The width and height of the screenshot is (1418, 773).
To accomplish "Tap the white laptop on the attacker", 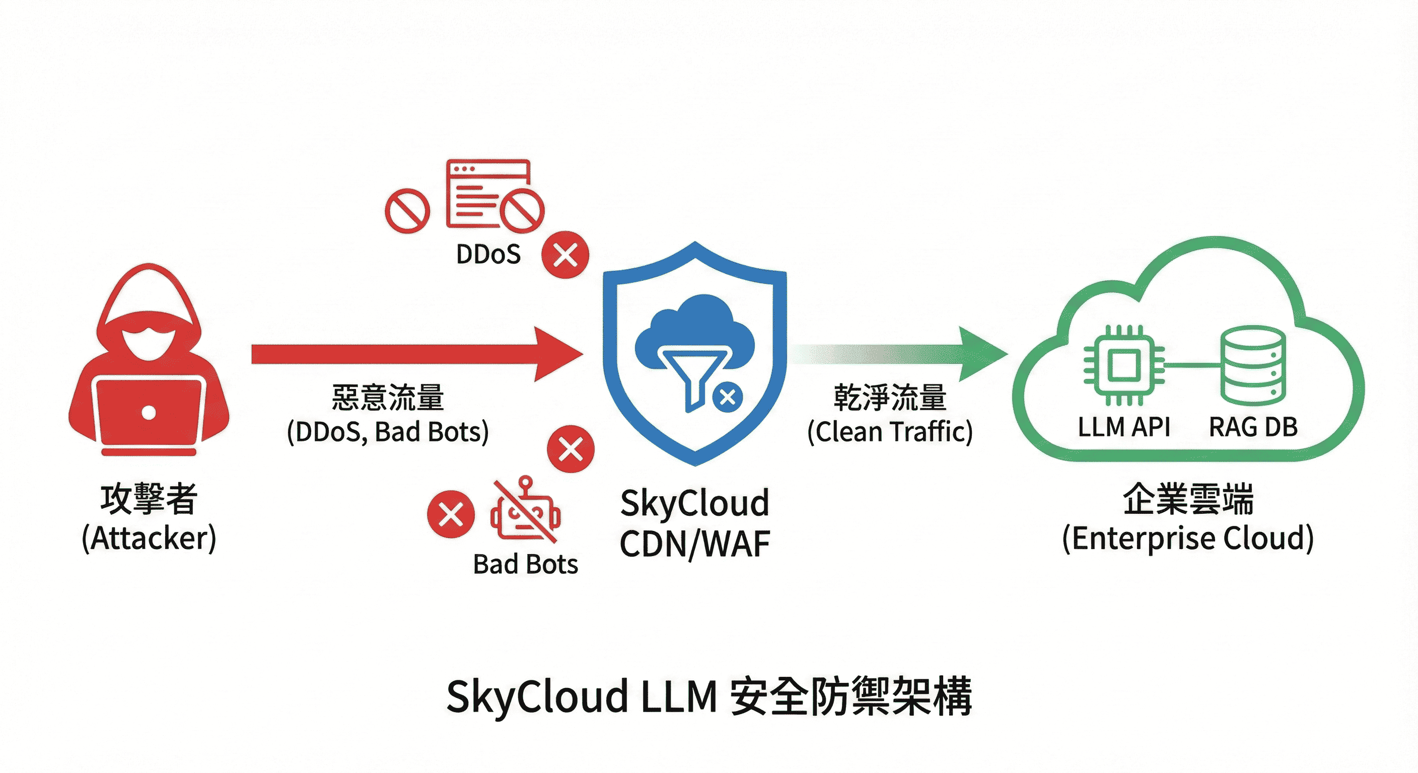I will pyautogui.click(x=149, y=413).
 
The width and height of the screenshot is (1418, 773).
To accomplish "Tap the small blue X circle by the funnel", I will pyautogui.click(x=728, y=397).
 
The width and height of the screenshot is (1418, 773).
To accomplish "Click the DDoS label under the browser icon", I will pyautogui.click(x=488, y=254).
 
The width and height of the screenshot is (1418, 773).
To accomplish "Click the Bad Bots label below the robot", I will pyautogui.click(x=525, y=565).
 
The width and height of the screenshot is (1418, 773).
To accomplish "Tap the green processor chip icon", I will pyautogui.click(x=1123, y=365).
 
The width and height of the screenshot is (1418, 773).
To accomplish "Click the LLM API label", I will pyautogui.click(x=1123, y=427).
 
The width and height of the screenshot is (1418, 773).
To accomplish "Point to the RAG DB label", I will pyautogui.click(x=1253, y=427).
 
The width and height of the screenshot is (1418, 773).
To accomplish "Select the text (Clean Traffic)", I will pyautogui.click(x=890, y=432).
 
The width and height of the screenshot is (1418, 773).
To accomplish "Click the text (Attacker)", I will pyautogui.click(x=149, y=538).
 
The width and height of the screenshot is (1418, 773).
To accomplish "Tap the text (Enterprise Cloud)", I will pyautogui.click(x=1188, y=538).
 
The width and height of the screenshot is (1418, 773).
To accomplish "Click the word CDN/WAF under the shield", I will pyautogui.click(x=695, y=545).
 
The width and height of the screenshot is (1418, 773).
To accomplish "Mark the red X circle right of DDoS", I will pyautogui.click(x=565, y=255).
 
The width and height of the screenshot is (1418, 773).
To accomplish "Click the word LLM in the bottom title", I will pyautogui.click(x=679, y=697).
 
